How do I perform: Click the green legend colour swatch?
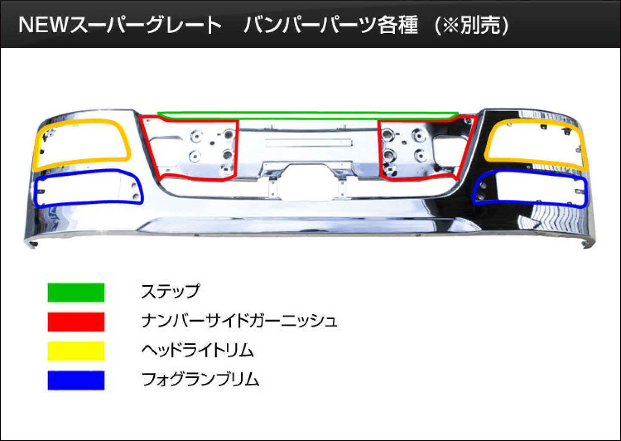(76, 292)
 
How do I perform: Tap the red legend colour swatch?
(76, 321)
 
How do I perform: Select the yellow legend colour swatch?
(76, 351)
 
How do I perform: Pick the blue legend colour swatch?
(76, 380)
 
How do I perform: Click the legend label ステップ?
(170, 291)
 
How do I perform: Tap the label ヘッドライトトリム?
(198, 350)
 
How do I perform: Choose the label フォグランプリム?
(200, 379)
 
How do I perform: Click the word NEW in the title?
(43, 25)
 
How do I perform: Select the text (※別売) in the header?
(472, 25)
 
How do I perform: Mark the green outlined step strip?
(307, 115)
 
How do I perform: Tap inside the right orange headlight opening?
(537, 144)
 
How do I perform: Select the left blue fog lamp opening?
(89, 188)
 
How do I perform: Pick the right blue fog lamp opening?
(529, 189)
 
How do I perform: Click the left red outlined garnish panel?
(191, 149)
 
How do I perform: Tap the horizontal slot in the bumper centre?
(309, 143)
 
